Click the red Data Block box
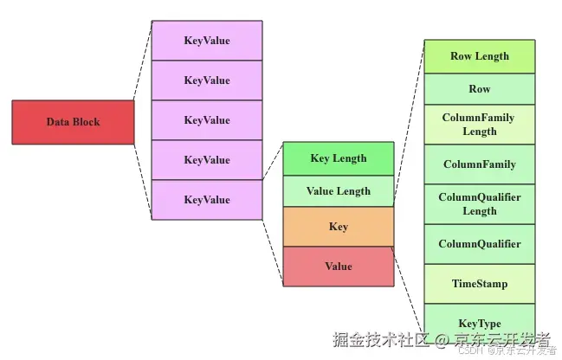[x=73, y=122]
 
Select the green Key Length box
[x=338, y=158]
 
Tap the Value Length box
[x=338, y=191]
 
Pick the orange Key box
[x=338, y=227]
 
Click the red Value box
[x=338, y=266]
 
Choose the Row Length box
[x=479, y=56]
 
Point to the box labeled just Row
[x=479, y=89]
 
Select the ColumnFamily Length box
[x=479, y=125]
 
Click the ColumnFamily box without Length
[x=479, y=164]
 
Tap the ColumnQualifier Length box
[x=479, y=204]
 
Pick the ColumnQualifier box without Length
[x=479, y=244]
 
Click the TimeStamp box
[x=479, y=284]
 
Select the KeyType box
[x=479, y=322]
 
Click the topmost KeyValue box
[x=207, y=41]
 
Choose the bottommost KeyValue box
[x=207, y=200]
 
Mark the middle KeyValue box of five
[x=207, y=120]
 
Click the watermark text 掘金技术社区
[x=378, y=338]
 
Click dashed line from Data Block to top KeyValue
[x=143, y=61]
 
